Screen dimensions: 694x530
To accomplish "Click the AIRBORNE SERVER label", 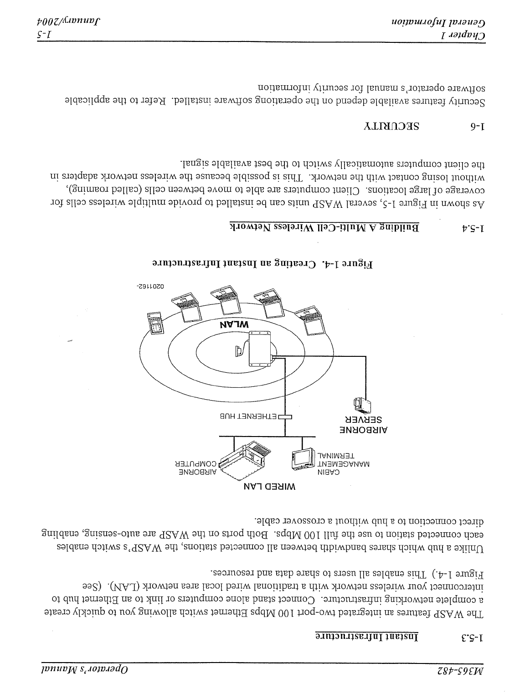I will coord(364,424).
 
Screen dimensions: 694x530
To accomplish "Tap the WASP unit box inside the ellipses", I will coord(260,349).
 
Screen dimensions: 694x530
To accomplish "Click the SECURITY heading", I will coord(392,126).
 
